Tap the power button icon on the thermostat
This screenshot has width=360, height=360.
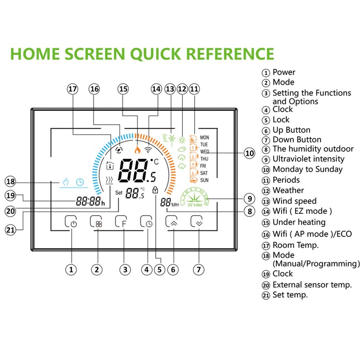pyautogui.click(x=71, y=222)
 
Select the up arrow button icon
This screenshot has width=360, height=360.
pyautogui.click(x=172, y=222)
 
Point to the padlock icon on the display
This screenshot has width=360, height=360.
pyautogui.click(x=156, y=190)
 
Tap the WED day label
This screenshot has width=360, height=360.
pyautogui.click(x=204, y=152)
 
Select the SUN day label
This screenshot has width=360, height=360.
pyautogui.click(x=204, y=180)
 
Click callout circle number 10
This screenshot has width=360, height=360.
pyautogui.click(x=249, y=153)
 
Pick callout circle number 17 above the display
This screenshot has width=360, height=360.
pyautogui.click(x=72, y=89)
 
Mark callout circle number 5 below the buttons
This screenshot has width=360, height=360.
pyautogui.click(x=159, y=270)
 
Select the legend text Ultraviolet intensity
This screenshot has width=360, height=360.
pyautogui.click(x=308, y=159)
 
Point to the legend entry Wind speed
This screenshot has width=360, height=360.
pyautogui.click(x=294, y=201)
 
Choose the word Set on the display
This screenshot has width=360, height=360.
pyautogui.click(x=119, y=192)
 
